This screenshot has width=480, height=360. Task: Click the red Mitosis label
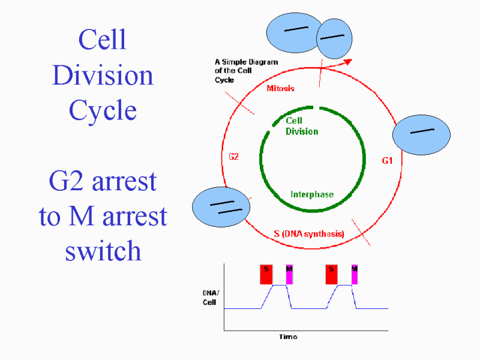[280, 88]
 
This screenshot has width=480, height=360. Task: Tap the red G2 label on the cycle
[233, 157]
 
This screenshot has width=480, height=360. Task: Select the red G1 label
[387, 161]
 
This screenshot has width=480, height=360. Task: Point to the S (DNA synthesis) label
[309, 234]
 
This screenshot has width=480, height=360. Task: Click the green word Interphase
[312, 194]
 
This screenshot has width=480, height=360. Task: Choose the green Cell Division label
[302, 126]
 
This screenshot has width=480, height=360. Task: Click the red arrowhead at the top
[348, 62]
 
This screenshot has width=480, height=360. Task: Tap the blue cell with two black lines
[221, 207]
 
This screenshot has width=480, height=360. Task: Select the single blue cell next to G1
[421, 134]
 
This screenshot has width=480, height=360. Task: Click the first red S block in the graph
[266, 275]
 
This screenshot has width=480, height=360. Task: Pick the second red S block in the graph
[332, 275]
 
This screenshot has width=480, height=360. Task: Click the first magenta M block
[289, 275]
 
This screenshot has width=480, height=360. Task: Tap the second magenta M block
[355, 275]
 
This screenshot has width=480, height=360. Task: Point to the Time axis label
[288, 337]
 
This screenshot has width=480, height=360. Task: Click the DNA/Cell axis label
[211, 298]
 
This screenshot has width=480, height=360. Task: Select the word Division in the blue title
[103, 75]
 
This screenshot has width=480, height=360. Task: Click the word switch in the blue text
[103, 250]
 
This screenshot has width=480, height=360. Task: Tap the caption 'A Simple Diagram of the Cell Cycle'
[246, 71]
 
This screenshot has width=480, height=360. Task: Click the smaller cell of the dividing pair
[334, 38]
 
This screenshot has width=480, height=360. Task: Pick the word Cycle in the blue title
[103, 110]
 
